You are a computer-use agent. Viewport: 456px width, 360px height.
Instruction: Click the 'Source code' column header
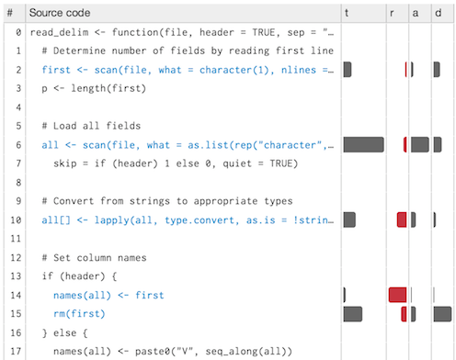[x=60, y=13]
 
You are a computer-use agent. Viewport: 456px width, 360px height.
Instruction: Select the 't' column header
[x=347, y=13]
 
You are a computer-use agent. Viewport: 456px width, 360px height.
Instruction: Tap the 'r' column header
[x=392, y=14]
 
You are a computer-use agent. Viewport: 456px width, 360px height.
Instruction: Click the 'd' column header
[x=439, y=13]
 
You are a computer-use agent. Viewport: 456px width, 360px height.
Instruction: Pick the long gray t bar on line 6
[x=363, y=145]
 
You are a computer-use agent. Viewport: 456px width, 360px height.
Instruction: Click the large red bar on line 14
[x=397, y=295]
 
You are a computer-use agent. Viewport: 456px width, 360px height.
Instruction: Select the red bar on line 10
[x=402, y=219]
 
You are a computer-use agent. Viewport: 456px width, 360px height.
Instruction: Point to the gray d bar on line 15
[x=442, y=314]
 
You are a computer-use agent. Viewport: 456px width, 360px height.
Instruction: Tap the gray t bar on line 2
[x=348, y=70]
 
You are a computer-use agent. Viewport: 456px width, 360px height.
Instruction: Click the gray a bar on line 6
[x=420, y=145]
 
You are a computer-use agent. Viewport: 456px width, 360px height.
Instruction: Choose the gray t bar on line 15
[x=353, y=314]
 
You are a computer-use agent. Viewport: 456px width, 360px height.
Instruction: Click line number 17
[x=16, y=351]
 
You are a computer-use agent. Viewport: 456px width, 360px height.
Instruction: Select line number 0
[x=18, y=32]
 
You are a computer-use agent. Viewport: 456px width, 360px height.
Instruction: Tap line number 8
[x=18, y=183]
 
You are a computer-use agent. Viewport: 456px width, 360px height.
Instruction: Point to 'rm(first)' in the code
[x=79, y=314]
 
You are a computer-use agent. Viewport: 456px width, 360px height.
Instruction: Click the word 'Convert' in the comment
[x=74, y=201]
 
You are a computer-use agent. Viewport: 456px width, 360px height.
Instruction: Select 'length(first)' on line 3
[x=108, y=88]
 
